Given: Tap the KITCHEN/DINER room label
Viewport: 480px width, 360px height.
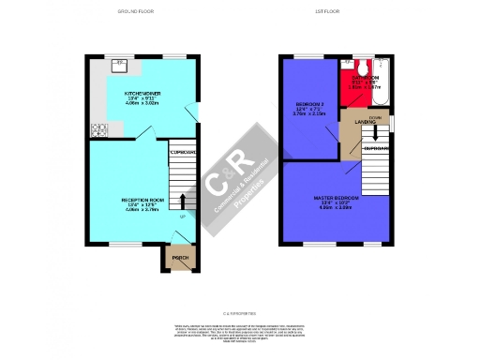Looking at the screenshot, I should pyautogui.click(x=143, y=95).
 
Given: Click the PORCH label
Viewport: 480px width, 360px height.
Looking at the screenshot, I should pyautogui.click(x=179, y=258).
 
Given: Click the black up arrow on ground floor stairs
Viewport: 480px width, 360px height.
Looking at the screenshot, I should pyautogui.click(x=182, y=200).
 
